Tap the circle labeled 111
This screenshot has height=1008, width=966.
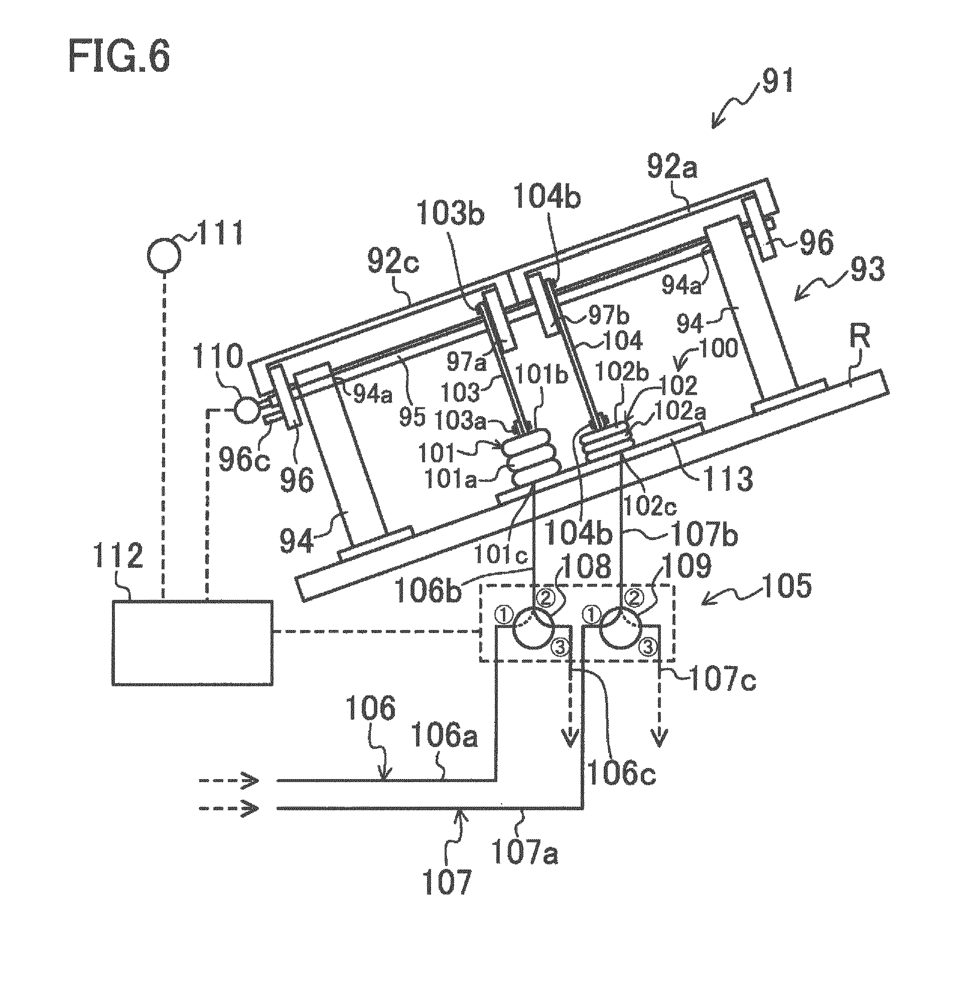pyautogui.click(x=165, y=256)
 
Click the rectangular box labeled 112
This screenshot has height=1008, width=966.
pyautogui.click(x=192, y=642)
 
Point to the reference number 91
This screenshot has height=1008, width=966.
pyautogui.click(x=778, y=80)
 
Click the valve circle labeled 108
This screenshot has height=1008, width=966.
pyautogui.click(x=533, y=632)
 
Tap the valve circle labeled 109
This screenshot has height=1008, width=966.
pyautogui.click(x=621, y=632)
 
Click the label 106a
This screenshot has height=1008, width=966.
pyautogui.click(x=443, y=736)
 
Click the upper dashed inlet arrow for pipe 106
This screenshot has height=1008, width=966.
pyautogui.click(x=228, y=781)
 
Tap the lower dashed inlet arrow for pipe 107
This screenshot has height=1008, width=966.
pyautogui.click(x=228, y=808)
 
